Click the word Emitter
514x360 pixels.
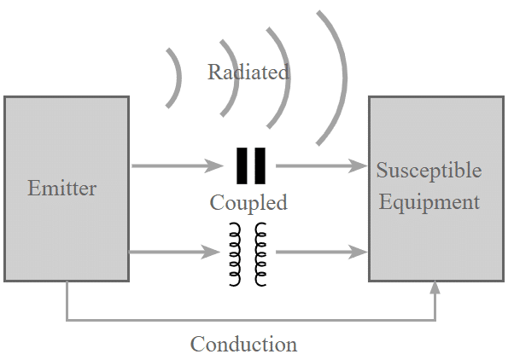coord(62,188)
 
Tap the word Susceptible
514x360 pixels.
coord(429,170)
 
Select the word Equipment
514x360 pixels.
coord(429,202)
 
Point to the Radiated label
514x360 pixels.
coord(248,72)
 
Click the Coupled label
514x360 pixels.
coord(248,203)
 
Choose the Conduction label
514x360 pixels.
coord(243,344)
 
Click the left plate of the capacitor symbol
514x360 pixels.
coord(242,165)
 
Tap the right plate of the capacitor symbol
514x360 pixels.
coord(260,165)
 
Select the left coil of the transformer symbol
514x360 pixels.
coord(235,254)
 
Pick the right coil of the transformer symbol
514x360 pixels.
coord(260,254)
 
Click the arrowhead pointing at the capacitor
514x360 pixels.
coord(213,165)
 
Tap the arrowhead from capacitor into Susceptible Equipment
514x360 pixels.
coord(358,165)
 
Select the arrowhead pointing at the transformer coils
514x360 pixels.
coord(210,252)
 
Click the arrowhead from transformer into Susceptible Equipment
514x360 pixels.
coord(358,252)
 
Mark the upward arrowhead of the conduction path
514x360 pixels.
coord(435,287)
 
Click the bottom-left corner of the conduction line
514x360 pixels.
coord(67,320)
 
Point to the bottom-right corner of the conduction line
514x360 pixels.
coord(435,320)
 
